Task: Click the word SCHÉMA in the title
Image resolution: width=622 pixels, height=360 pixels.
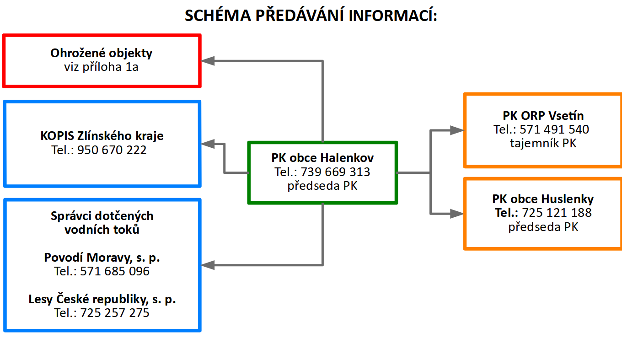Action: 218,15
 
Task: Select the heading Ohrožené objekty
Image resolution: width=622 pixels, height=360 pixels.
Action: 102,53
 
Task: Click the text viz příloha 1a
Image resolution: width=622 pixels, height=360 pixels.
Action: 102,67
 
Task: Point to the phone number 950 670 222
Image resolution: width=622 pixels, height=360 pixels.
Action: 112,150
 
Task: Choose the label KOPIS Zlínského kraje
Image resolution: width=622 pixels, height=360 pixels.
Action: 102,136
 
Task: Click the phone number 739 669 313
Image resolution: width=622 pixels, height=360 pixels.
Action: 335,172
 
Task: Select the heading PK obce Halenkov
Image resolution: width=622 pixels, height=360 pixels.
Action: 322,158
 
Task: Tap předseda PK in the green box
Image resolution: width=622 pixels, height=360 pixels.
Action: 322,186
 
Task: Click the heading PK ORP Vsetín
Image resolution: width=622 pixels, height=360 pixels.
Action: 543,116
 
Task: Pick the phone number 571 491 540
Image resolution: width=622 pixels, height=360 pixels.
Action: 554,129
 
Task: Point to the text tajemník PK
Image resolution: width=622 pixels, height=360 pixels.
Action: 543,143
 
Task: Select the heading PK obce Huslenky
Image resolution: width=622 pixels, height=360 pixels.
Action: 543,199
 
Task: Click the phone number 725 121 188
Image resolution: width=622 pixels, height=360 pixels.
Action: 557,213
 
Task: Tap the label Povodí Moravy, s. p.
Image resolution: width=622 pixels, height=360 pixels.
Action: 102,258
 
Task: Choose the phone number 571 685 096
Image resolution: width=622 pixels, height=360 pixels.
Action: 115,271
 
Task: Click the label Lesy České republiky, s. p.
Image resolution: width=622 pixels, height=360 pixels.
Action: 102,299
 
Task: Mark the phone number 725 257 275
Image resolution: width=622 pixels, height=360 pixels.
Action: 115,313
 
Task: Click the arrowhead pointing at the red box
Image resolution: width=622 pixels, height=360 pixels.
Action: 208,61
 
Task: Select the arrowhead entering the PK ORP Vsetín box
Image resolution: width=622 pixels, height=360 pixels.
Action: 457,130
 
